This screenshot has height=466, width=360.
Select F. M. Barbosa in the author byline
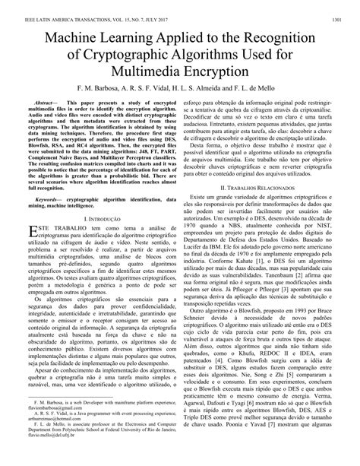point(93,90)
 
